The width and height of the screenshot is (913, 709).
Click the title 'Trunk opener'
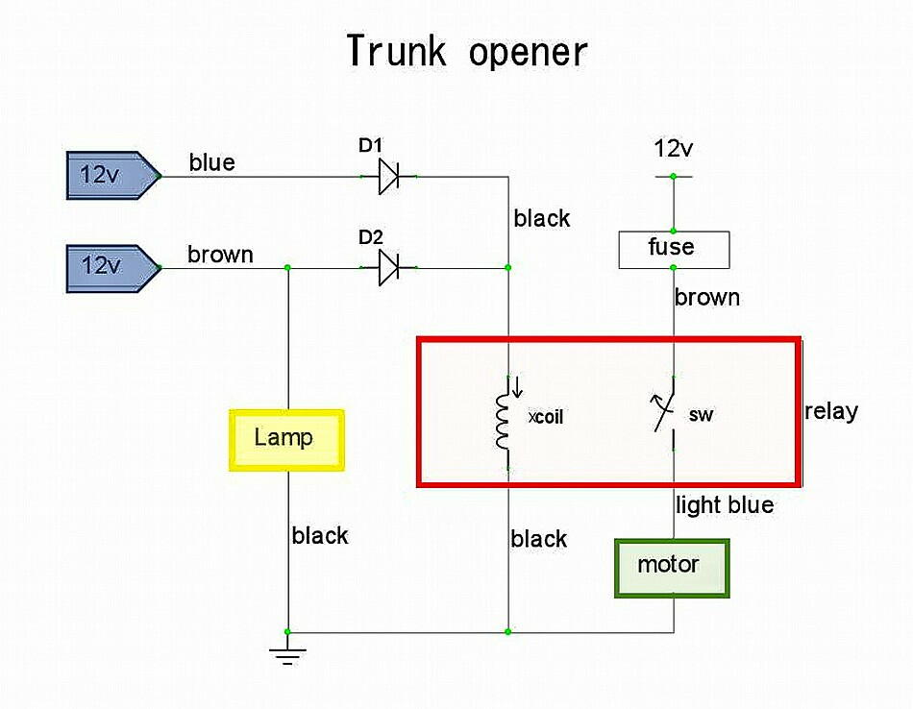(x=466, y=51)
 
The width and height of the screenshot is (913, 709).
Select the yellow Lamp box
(x=286, y=440)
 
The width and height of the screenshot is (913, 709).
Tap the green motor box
(x=672, y=567)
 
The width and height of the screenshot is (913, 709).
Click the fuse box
(x=673, y=249)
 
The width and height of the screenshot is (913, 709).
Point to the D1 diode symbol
(x=388, y=177)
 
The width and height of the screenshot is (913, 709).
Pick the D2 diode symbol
(x=388, y=267)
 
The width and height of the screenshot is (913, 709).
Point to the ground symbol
(x=286, y=655)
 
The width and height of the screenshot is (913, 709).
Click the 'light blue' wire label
(x=725, y=504)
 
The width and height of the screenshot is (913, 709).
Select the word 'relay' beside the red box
(x=831, y=411)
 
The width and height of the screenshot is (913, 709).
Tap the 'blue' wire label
(x=211, y=162)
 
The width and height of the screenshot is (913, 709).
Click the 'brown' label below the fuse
(x=707, y=297)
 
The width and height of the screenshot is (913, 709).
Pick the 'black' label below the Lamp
(x=320, y=535)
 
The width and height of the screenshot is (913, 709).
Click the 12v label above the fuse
(x=673, y=149)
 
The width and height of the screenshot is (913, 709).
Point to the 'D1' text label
(x=371, y=146)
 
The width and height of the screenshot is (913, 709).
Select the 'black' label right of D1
(x=542, y=219)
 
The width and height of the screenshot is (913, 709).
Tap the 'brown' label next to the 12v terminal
(x=220, y=255)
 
